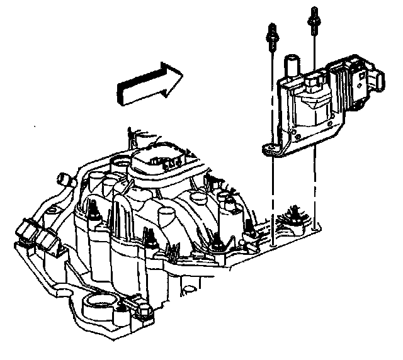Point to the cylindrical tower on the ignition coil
pos(293,66)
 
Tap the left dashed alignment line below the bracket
pos(272,189)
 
